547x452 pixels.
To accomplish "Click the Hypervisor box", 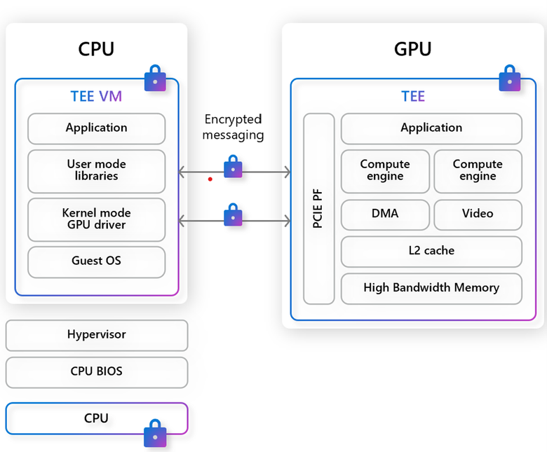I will (97, 335).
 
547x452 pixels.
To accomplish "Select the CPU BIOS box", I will (97, 372).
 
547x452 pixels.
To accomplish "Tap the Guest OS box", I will (97, 261).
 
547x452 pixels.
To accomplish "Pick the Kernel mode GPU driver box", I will (97, 219).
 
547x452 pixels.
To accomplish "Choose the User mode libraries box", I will (97, 170).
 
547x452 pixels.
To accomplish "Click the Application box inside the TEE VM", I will (97, 128).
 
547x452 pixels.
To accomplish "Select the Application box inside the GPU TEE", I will (431, 128).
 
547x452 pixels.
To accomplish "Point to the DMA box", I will (385, 214).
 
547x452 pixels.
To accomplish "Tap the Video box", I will (478, 214).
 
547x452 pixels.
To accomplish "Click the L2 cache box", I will (431, 251).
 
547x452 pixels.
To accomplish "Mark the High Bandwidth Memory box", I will (431, 288).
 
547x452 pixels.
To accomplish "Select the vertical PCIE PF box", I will (319, 208).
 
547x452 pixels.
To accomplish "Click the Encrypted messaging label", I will (234, 128).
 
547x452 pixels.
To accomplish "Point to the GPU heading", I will (412, 49).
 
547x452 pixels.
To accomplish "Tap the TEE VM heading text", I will (97, 97).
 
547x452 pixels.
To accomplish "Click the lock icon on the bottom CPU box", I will (155, 433).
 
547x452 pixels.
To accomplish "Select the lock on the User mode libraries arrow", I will (234, 168).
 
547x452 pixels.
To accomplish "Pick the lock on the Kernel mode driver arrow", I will (234, 215).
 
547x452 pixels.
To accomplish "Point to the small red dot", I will (210, 179).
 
